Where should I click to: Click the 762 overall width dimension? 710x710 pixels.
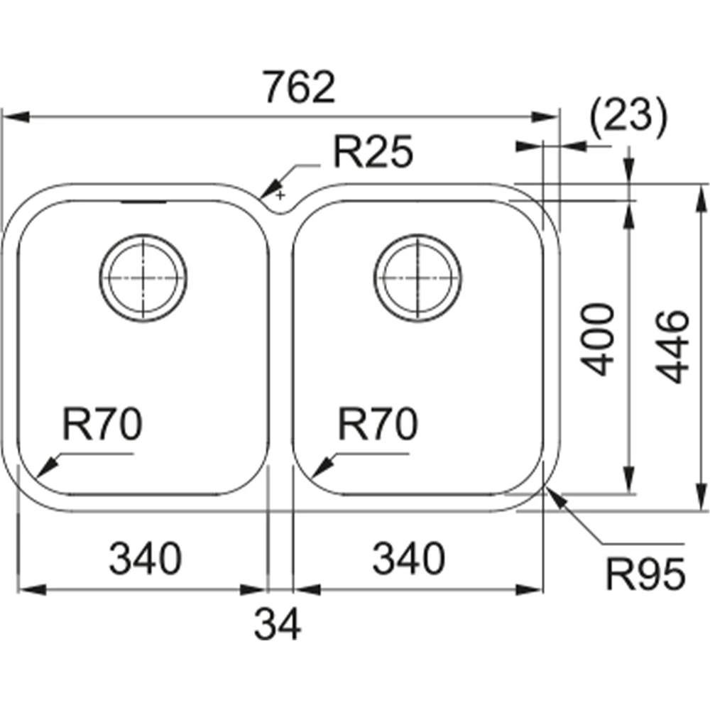tap(297, 87)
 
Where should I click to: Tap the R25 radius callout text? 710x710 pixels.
tap(373, 153)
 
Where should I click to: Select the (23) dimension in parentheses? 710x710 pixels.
tap(628, 117)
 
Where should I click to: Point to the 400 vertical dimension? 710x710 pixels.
tap(597, 339)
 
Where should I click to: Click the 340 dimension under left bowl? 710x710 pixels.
tap(146, 559)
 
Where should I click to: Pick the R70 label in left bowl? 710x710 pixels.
tap(102, 425)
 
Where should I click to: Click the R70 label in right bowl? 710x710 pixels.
tap(376, 425)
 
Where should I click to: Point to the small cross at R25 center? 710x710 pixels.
tap(281, 194)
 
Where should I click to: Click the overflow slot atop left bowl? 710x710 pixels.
tap(144, 202)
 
